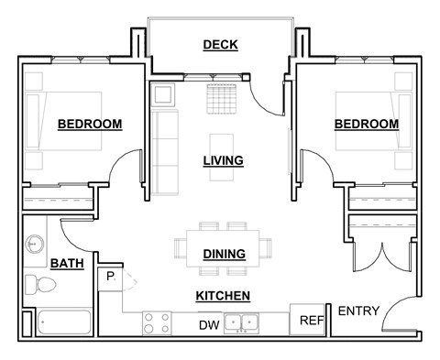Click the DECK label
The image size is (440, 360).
[x=221, y=45]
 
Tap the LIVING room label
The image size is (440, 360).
[x=223, y=161]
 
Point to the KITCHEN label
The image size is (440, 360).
[x=223, y=296]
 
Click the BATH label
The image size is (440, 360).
[x=66, y=264]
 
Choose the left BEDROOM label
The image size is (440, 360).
[x=90, y=125]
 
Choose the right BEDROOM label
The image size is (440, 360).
[x=366, y=124]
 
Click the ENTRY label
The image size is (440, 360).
[x=359, y=311]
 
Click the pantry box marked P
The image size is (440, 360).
[x=109, y=276]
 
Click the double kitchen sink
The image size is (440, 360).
[x=244, y=322]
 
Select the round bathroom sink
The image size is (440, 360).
[x=35, y=244]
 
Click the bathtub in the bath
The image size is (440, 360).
[x=64, y=322]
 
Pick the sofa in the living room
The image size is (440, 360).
[x=165, y=153]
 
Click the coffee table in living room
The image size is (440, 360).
[x=221, y=144]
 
